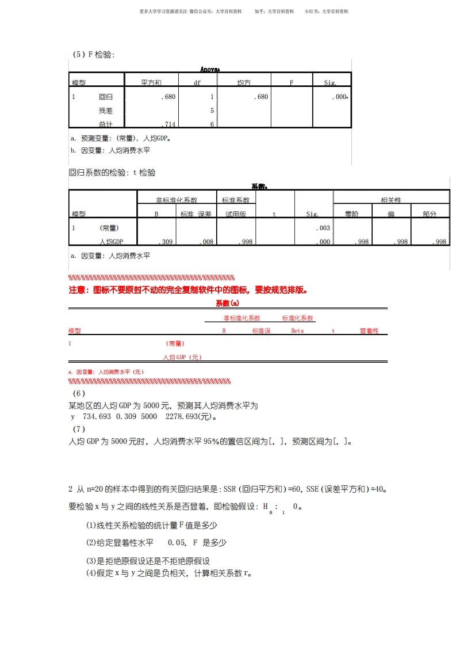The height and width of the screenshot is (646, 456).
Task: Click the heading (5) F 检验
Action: pos(94,55)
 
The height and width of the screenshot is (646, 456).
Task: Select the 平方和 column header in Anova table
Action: pos(151,83)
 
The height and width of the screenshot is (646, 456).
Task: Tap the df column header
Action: pos(197,83)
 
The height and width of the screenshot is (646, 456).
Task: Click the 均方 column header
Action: pos(244,83)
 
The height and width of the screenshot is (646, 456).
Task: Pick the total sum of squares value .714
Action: pos(168,124)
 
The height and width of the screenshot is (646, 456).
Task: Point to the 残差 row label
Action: pos(106,111)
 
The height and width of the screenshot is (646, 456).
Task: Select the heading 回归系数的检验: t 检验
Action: pos(112,173)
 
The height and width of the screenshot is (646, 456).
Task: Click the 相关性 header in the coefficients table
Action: pos(391,200)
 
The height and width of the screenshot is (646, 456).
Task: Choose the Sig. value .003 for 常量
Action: pos(323,228)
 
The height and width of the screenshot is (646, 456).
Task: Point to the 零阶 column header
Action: pos(352,214)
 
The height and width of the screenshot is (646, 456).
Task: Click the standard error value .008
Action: pos(206,242)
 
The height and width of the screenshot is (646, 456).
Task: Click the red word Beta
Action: pos(297,331)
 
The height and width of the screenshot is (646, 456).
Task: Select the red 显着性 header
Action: pos(369,331)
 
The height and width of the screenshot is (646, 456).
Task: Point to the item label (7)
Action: pos(79,430)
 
